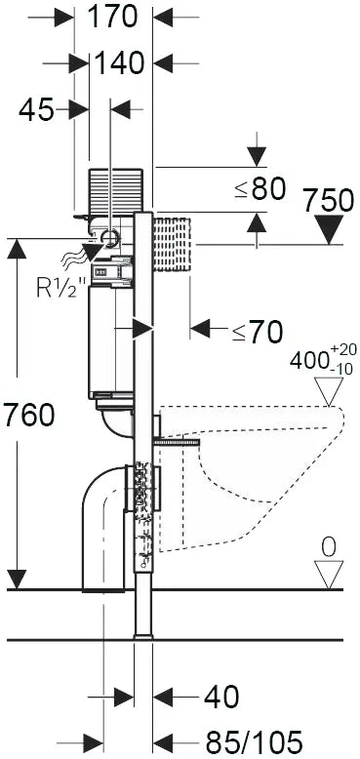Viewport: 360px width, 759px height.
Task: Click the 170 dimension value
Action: [113, 18]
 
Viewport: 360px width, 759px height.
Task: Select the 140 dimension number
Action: [120, 63]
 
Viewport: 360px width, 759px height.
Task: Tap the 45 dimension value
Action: [36, 110]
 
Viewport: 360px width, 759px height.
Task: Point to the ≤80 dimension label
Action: [260, 189]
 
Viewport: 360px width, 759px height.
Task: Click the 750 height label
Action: [328, 200]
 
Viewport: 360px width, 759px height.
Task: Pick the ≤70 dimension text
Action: [257, 332]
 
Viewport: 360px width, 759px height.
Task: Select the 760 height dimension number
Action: [28, 416]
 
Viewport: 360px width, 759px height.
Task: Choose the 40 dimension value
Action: [221, 698]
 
